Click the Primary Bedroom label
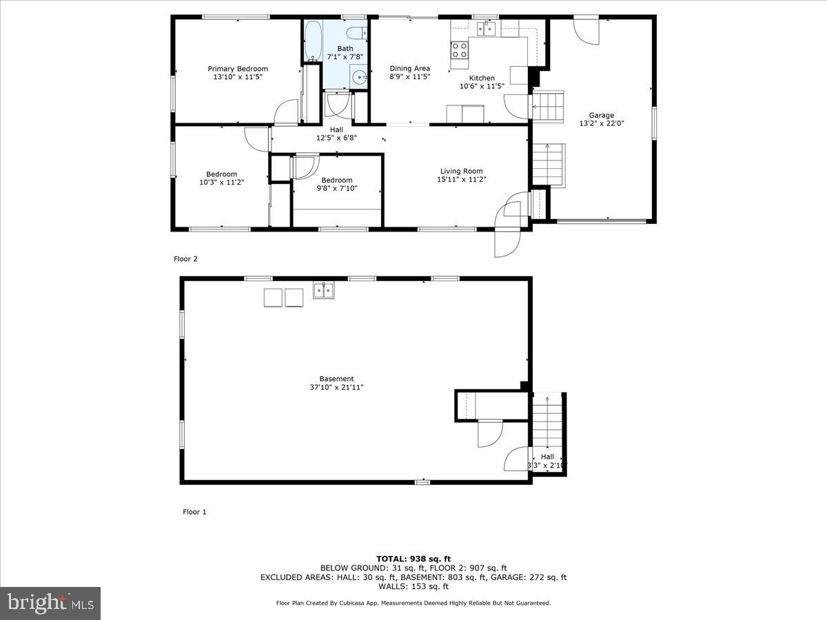pos(238,69)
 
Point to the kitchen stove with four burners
pos(459,50)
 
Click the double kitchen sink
pos(488,28)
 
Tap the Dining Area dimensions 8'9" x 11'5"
pos(409,77)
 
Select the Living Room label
pos(461,172)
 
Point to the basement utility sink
pos(323,291)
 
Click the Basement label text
pos(336,379)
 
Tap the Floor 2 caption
pos(185,259)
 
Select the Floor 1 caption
pos(194,512)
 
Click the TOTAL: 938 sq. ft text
pos(413,559)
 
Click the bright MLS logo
pos(50,603)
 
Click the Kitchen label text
pos(482,78)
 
